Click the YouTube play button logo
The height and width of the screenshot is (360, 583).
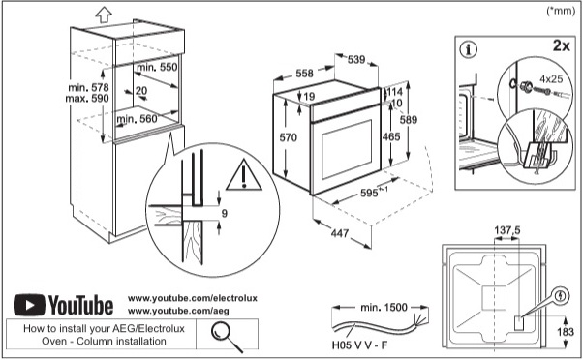point(29,305)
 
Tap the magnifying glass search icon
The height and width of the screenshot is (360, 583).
point(227,335)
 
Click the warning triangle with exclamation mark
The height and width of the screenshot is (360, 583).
point(243,174)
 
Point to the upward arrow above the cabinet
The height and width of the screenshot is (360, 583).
point(104,15)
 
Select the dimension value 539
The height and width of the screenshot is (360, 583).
point(356,59)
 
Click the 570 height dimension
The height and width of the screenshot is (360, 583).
point(289,137)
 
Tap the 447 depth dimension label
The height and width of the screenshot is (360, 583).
point(340,233)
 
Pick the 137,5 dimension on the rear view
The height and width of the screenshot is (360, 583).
point(507,230)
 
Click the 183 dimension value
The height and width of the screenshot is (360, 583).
point(566,331)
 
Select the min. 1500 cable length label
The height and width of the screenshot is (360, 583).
point(384,307)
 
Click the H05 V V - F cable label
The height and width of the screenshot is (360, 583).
point(359,345)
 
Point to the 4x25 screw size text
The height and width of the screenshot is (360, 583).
point(551,78)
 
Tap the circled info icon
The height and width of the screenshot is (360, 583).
point(468,49)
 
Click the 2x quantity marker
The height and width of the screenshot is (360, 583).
point(562,45)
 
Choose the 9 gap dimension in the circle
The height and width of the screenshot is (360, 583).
point(225,213)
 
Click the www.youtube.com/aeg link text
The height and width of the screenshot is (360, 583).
point(178,311)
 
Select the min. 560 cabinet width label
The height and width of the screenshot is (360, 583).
point(137,119)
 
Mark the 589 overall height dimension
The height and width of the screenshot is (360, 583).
point(409,120)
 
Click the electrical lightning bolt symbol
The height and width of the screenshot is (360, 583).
point(562,296)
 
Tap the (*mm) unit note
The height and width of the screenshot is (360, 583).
point(561,11)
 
